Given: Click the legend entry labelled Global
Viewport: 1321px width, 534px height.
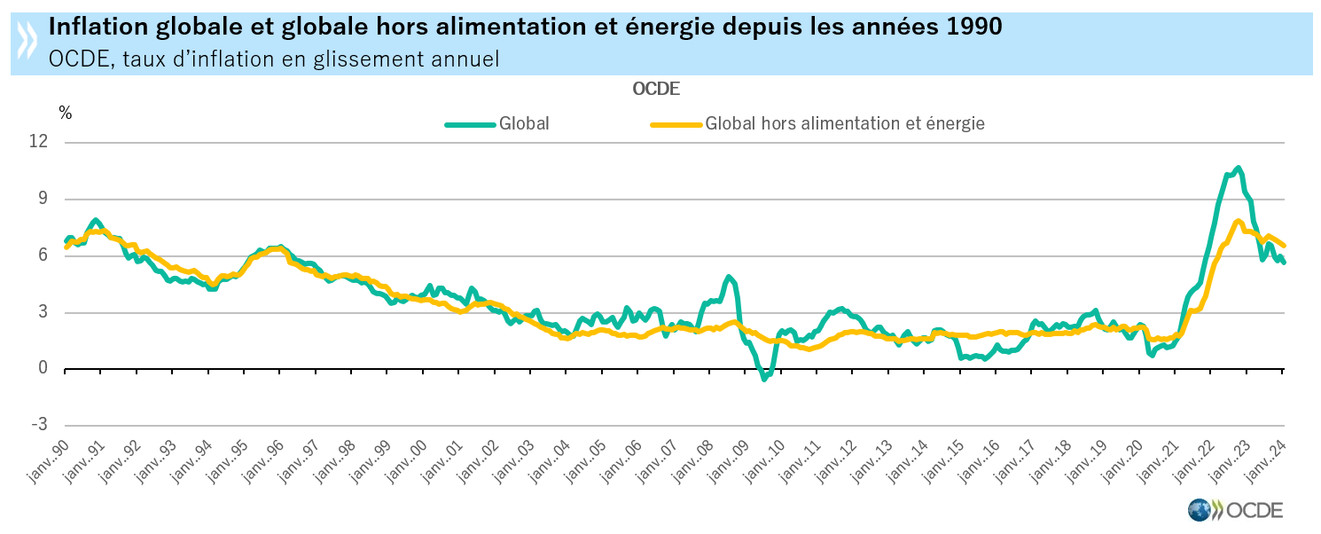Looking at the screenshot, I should pyautogui.click(x=523, y=124).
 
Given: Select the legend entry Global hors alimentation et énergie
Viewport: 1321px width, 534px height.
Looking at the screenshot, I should pyautogui.click(x=844, y=124).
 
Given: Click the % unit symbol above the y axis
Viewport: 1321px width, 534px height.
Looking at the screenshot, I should pyautogui.click(x=65, y=113).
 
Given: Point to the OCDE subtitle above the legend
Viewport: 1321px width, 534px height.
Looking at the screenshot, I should pyautogui.click(x=656, y=89).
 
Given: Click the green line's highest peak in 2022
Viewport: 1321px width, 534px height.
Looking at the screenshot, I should pyautogui.click(x=1238, y=168).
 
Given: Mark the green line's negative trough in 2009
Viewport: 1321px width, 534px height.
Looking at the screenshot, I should pyautogui.click(x=764, y=379).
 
